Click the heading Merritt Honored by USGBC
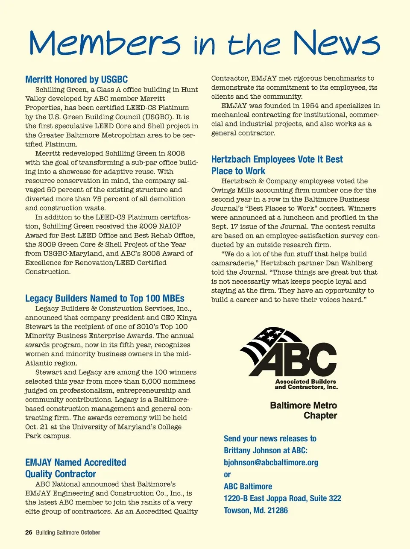pos(76,79)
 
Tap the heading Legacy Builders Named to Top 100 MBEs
pos(105,298)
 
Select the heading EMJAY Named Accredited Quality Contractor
pos(76,468)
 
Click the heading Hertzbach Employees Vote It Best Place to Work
pos(277,165)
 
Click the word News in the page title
pos(336,44)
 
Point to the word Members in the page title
pos(105,44)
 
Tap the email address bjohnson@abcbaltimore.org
pos(271,462)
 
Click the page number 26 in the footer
pos(29,532)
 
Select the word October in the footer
pos(91,532)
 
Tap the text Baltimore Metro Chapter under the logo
pos(304,410)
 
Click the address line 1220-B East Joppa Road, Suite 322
pos(282,498)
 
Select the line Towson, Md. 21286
pos(256,510)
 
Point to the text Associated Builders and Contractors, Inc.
pos(306,384)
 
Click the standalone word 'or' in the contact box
pos(227,474)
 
